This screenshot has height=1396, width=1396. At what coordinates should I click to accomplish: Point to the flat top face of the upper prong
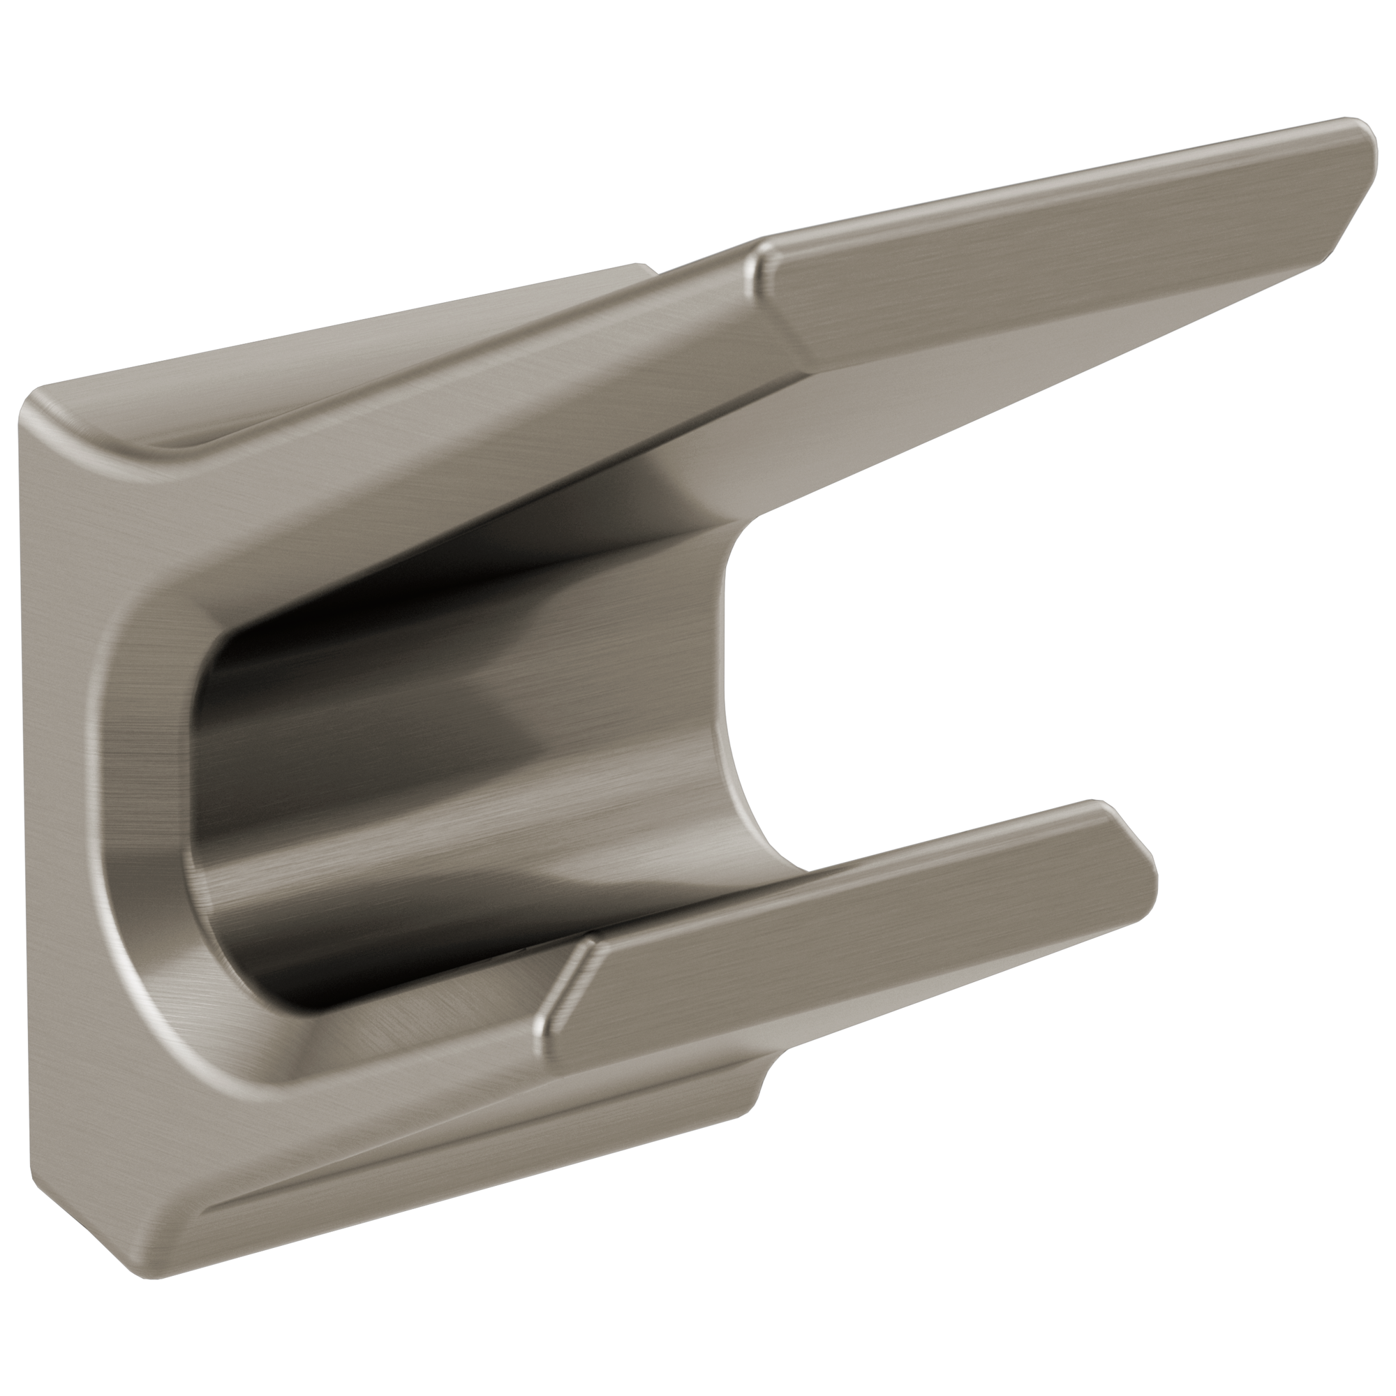click(1048, 239)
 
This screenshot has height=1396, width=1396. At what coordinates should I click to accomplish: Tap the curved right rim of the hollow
click(730, 686)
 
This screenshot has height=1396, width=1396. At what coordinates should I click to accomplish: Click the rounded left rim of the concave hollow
click(144, 795)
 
